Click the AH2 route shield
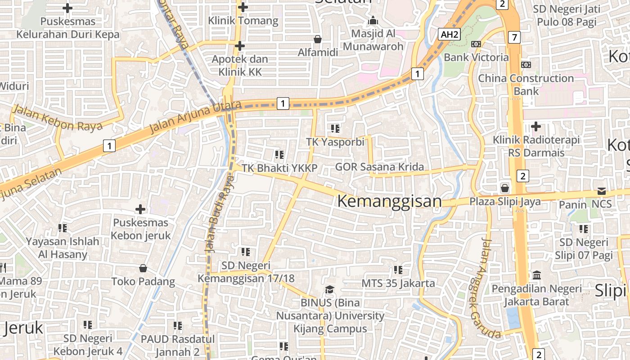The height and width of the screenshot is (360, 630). click(450, 34)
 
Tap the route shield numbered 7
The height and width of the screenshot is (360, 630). click(514, 37)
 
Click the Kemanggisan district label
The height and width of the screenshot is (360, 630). click(389, 201)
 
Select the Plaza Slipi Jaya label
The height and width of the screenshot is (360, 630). click(505, 201)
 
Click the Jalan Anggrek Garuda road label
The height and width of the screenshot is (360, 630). click(485, 288)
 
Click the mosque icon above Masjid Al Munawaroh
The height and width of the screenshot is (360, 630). click(373, 21)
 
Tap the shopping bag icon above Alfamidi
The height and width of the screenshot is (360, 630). click(318, 40)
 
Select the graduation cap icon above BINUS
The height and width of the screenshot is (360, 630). click(330, 289)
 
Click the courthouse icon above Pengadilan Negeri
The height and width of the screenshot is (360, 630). click(536, 275)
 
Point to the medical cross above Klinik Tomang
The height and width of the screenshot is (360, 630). click(243, 7)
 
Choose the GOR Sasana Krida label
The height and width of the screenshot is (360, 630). click(379, 167)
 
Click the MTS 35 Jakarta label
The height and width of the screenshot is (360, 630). click(398, 283)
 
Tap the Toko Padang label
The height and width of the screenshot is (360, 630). click(143, 282)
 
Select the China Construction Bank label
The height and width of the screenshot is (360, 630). click(526, 84)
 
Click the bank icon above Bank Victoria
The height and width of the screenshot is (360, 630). click(476, 44)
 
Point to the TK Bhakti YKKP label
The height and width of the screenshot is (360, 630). click(279, 168)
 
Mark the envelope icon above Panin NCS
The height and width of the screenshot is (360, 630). click(602, 191)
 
